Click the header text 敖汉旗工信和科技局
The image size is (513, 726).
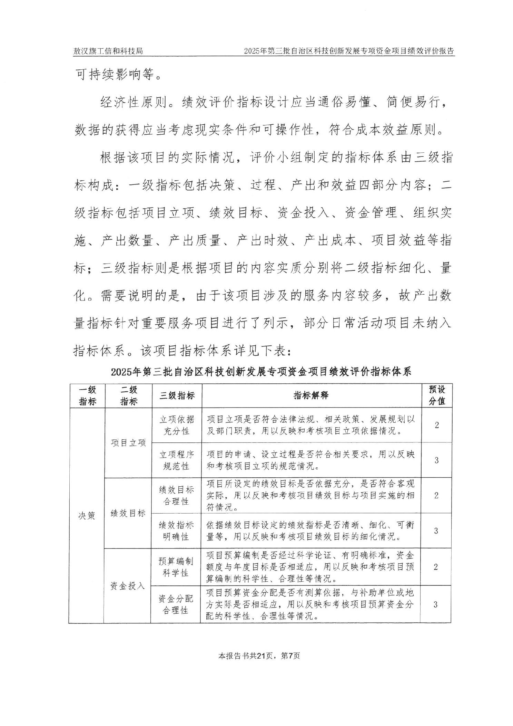click(108, 51)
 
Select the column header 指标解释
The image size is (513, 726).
click(311, 395)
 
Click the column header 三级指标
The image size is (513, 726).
click(177, 396)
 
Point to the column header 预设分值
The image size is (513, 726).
click(437, 395)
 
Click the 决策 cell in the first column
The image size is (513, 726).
click(87, 516)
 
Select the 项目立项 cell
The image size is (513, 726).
click(128, 443)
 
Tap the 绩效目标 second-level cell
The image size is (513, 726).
click(128, 513)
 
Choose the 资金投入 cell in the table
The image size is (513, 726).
click(127, 586)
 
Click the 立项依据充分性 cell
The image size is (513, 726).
click(176, 425)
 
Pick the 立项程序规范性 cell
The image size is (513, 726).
click(176, 460)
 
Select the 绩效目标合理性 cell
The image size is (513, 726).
click(176, 495)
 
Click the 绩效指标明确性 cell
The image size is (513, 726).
click(176, 531)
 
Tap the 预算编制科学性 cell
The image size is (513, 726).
click(176, 567)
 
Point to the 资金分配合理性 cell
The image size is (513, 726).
click(176, 604)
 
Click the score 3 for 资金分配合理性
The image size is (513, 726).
click(435, 604)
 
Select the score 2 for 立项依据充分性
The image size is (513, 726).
click(437, 425)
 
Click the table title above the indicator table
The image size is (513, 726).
click(262, 372)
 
